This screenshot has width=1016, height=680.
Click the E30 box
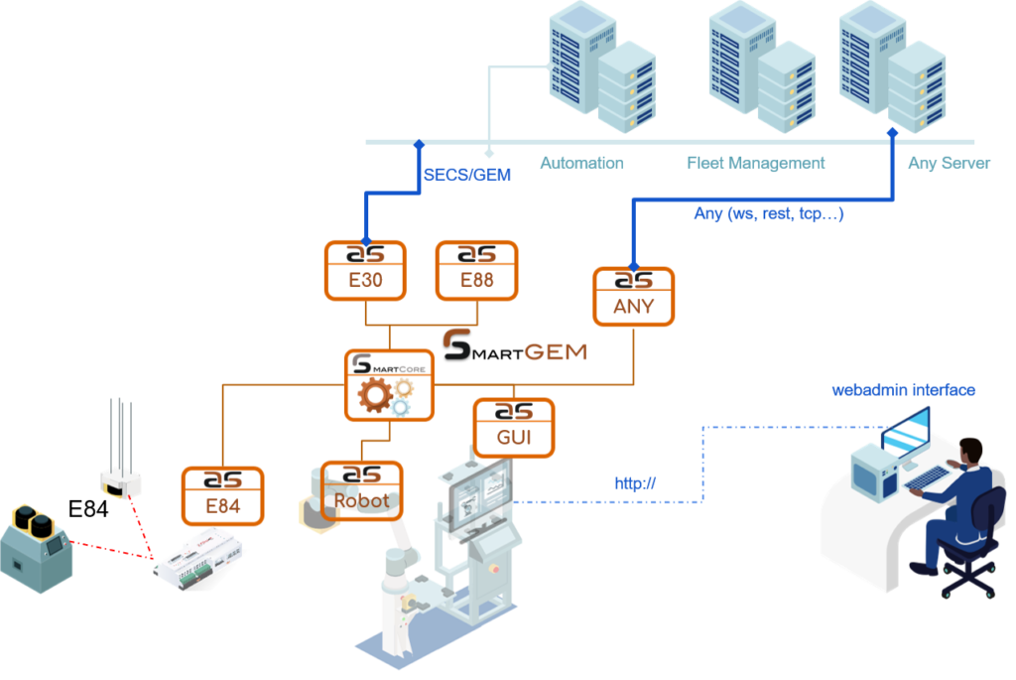[365, 270]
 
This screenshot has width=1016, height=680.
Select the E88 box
[477, 270]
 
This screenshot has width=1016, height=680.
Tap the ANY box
[634, 296]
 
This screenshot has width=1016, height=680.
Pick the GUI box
[514, 428]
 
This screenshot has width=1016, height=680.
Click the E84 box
[222, 496]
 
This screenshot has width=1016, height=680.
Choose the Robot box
[362, 491]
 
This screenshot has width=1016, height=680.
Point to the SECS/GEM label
[467, 175]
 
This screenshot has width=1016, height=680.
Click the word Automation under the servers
[581, 163]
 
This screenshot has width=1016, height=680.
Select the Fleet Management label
[756, 163]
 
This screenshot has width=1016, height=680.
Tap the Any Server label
[949, 163]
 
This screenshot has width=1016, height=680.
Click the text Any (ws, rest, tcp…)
[769, 213]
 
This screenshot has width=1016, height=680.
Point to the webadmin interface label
[903, 390]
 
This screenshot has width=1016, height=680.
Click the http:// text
[636, 483]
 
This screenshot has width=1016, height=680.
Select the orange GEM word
[555, 352]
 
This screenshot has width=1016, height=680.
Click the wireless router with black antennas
[120, 480]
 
